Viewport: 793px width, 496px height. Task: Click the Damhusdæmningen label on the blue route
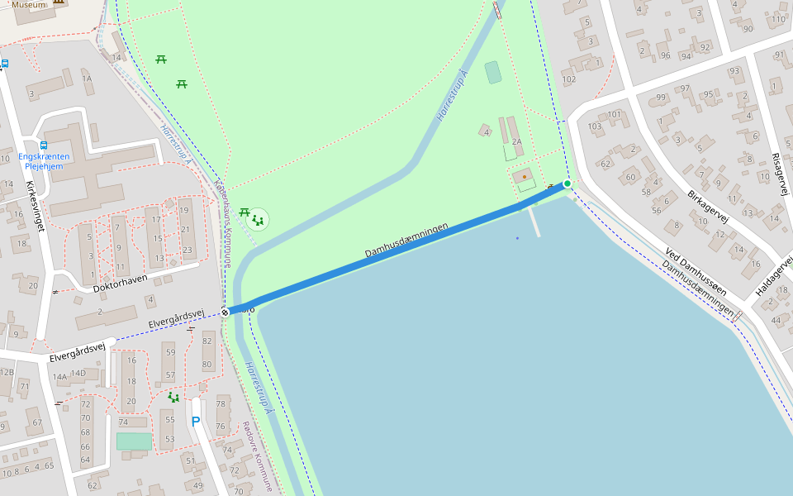[407, 240]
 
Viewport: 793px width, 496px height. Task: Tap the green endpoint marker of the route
[567, 184]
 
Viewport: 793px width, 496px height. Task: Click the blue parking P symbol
[196, 422]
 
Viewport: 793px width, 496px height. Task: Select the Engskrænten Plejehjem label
[44, 160]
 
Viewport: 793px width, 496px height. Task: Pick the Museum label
[29, 4]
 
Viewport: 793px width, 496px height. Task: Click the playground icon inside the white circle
[259, 220]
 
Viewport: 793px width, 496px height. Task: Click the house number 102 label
[568, 79]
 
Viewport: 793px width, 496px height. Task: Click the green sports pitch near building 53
[134, 441]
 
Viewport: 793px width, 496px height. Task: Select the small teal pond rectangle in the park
[493, 73]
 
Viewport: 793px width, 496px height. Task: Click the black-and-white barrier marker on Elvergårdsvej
[225, 312]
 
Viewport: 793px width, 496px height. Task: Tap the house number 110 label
[777, 19]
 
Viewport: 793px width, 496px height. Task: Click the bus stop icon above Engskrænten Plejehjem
[44, 145]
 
